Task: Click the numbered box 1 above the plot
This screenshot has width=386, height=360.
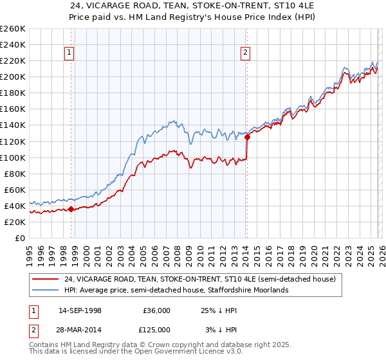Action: [x=69, y=53]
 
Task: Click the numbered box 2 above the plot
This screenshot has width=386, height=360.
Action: [x=246, y=53]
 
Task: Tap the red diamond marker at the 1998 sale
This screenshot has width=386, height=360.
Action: [x=71, y=209]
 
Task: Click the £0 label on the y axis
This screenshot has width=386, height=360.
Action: [x=20, y=238]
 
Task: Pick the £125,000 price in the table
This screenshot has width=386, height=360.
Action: [x=156, y=329]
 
